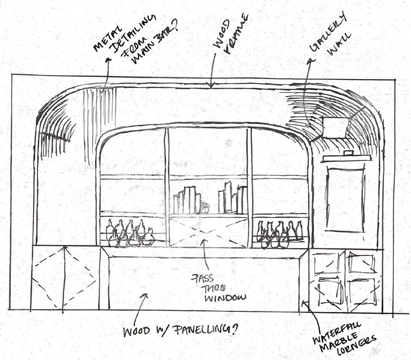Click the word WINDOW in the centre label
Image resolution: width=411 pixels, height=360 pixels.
(x=225, y=298)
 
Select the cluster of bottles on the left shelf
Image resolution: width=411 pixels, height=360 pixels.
(x=129, y=234)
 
